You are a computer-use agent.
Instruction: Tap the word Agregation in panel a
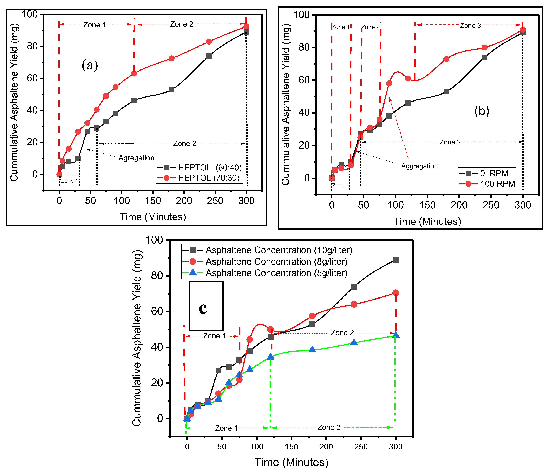pyautogui.click(x=136, y=158)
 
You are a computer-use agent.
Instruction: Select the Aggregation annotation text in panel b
pyautogui.click(x=419, y=166)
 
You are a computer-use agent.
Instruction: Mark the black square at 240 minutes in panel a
pyautogui.click(x=209, y=56)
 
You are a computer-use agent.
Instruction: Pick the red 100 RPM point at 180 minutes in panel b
pyautogui.click(x=446, y=59)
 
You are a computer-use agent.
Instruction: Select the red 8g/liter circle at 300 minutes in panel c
pyautogui.click(x=396, y=293)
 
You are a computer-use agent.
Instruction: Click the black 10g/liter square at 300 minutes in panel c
pyautogui.click(x=396, y=260)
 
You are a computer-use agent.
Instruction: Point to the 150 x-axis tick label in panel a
pyautogui.click(x=153, y=201)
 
